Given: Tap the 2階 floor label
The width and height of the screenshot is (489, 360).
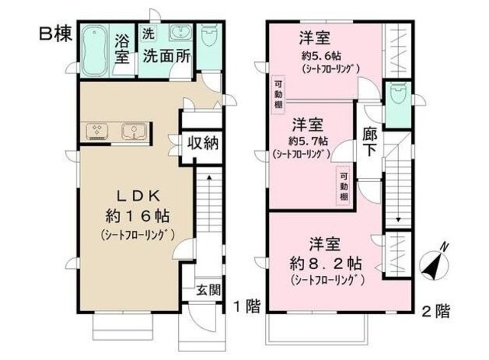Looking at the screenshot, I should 435,310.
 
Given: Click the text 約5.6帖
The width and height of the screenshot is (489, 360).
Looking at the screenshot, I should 320,57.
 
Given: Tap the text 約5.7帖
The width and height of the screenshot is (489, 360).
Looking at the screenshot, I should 309,141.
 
